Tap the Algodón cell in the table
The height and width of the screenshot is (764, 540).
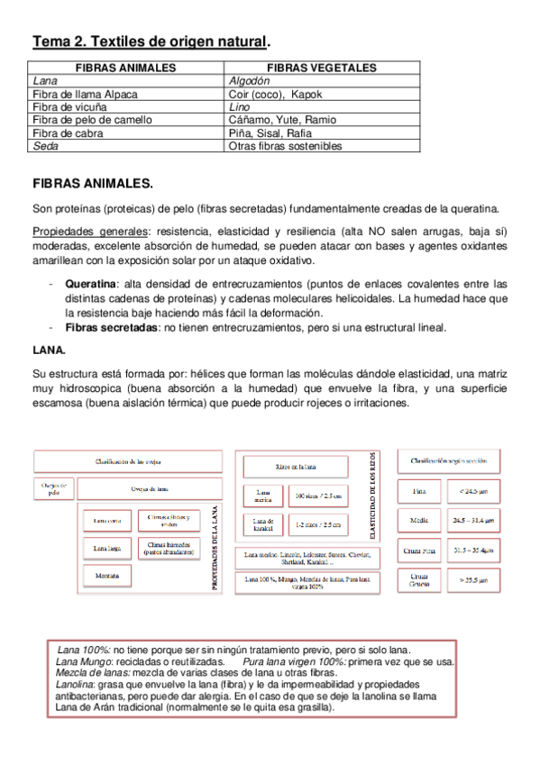click(250, 80)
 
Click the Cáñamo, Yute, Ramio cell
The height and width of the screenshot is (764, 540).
click(282, 119)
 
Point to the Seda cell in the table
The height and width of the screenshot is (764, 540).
click(45, 145)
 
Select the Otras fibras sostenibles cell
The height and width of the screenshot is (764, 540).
click(286, 145)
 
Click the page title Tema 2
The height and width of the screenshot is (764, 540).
click(150, 41)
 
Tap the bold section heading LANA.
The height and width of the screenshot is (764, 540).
click(48, 347)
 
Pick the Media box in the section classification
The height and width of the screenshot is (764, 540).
click(419, 520)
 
